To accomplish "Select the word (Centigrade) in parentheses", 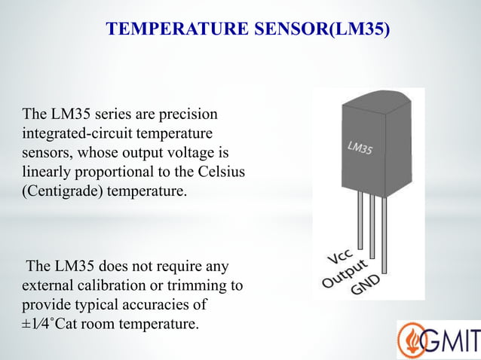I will coord(63,191).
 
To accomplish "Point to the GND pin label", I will coord(365,284).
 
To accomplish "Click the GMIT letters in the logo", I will coord(452,340).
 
